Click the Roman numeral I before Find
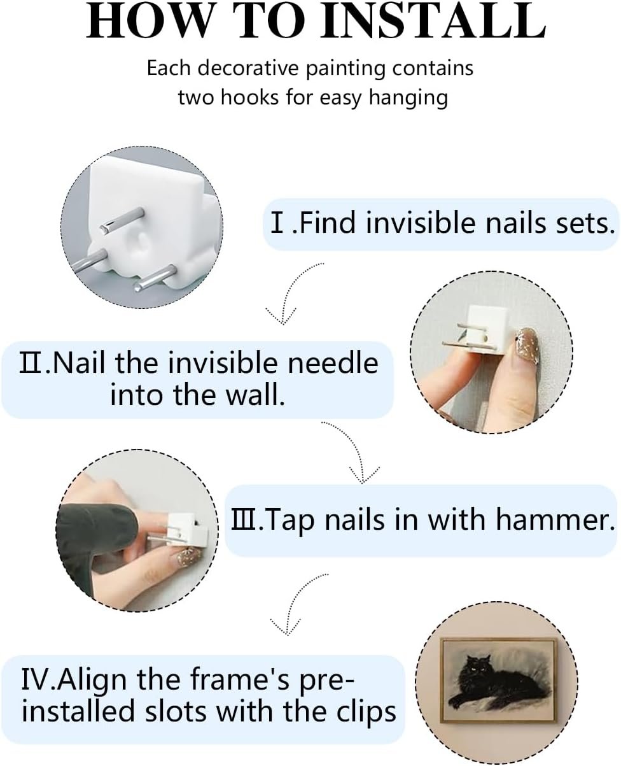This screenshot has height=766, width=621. pyautogui.click(x=277, y=223)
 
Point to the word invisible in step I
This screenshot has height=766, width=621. pyautogui.click(x=421, y=223)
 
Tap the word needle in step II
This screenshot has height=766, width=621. pyautogui.click(x=333, y=363)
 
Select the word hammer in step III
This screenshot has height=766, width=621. pyautogui.click(x=552, y=520)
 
